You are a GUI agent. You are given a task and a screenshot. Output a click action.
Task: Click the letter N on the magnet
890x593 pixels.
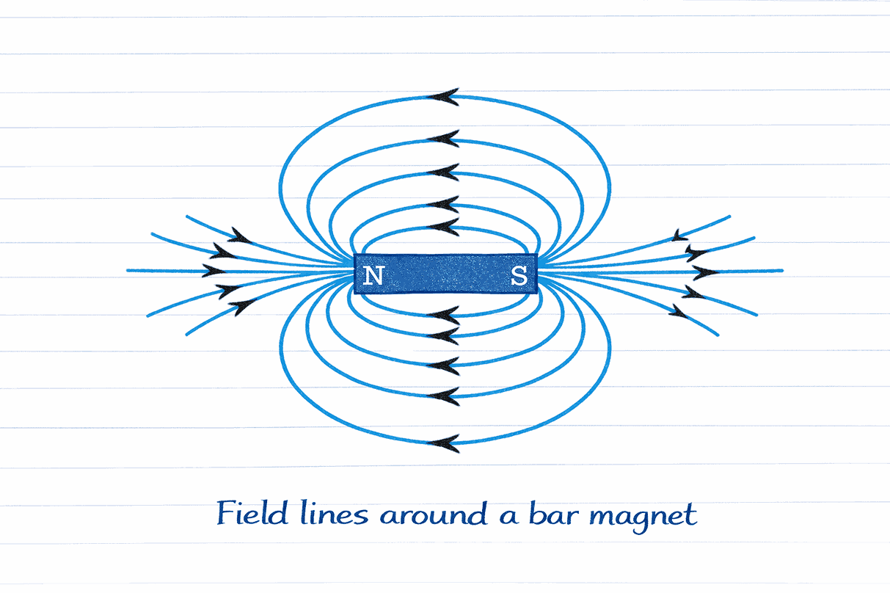[x=373, y=275]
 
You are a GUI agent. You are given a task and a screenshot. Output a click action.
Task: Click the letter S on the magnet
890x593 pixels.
[x=519, y=275]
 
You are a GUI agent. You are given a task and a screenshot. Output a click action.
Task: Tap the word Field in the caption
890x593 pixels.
[x=252, y=513]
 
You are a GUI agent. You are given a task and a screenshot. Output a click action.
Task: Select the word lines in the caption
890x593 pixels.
[x=334, y=513]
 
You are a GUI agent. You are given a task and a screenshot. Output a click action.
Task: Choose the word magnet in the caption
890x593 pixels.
[x=643, y=517]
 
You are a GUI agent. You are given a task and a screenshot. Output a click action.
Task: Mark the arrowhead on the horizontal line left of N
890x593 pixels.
[x=214, y=271]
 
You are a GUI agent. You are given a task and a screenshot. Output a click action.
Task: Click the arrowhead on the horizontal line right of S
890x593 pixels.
[x=706, y=272]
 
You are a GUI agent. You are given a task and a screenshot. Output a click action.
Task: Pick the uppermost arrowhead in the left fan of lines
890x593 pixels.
[x=241, y=236]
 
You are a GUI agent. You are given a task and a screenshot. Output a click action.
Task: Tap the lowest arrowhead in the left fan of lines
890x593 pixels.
[x=242, y=307]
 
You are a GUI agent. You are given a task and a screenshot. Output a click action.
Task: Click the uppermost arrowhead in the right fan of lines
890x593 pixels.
[x=680, y=236]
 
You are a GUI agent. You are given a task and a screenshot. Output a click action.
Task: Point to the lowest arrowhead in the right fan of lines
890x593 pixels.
[x=678, y=311]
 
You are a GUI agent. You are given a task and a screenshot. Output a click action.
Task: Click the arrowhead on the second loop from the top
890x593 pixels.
[x=443, y=139]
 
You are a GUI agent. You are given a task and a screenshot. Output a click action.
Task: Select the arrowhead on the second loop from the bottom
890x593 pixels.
[x=443, y=396]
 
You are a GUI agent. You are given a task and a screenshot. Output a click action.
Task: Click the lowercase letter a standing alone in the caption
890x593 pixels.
[x=508, y=516]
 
